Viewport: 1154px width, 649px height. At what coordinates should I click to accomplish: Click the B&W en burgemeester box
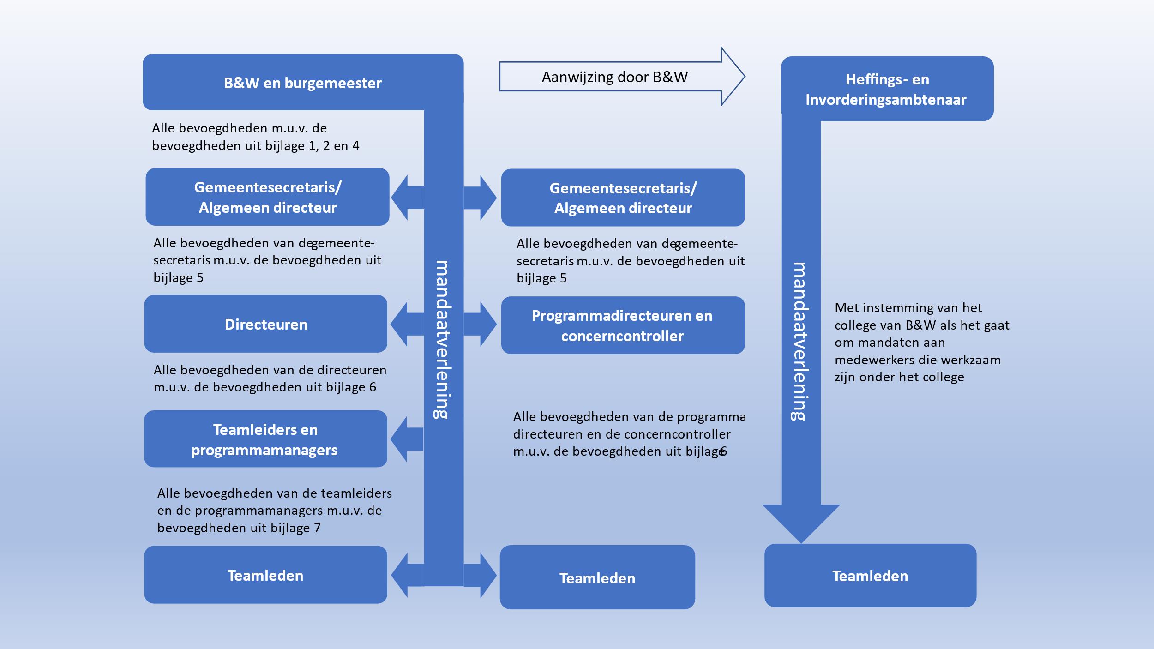[302, 83]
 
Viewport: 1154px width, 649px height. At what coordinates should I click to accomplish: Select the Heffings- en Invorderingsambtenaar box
[886, 89]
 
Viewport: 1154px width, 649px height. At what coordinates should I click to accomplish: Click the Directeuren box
[265, 324]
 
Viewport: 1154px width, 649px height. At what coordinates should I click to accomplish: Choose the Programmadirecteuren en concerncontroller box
[622, 325]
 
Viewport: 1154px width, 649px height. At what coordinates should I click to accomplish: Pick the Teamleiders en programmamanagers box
[265, 439]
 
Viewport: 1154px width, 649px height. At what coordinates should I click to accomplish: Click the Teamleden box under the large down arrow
[870, 576]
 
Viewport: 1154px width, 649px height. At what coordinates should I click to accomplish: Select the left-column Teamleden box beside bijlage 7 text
[265, 575]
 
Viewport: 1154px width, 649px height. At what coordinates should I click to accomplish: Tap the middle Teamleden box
[597, 578]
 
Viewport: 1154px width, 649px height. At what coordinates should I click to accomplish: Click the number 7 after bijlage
[317, 528]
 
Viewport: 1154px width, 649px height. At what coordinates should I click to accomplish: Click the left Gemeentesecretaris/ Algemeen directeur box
[267, 197]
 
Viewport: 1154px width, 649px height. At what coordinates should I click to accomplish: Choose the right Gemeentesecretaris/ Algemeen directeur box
[623, 198]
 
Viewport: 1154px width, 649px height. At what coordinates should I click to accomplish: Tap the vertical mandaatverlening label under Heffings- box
[800, 342]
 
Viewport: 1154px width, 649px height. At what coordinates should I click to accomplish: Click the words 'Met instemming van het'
[908, 308]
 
